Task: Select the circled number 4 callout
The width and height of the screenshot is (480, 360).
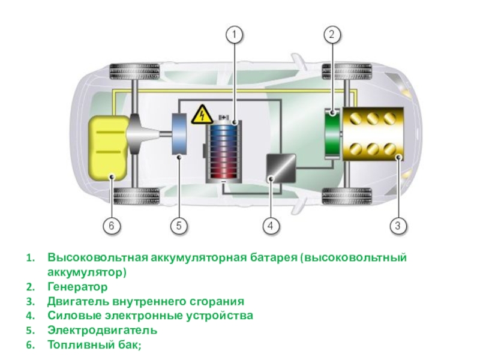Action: tap(271, 226)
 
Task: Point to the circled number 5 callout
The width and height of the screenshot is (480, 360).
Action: tap(179, 226)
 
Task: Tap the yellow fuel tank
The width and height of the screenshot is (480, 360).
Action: tap(108, 148)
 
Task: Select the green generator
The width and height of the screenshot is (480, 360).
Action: tap(332, 133)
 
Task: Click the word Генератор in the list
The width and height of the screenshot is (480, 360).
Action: tap(77, 287)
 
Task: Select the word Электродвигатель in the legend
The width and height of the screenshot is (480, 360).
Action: tap(103, 330)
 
